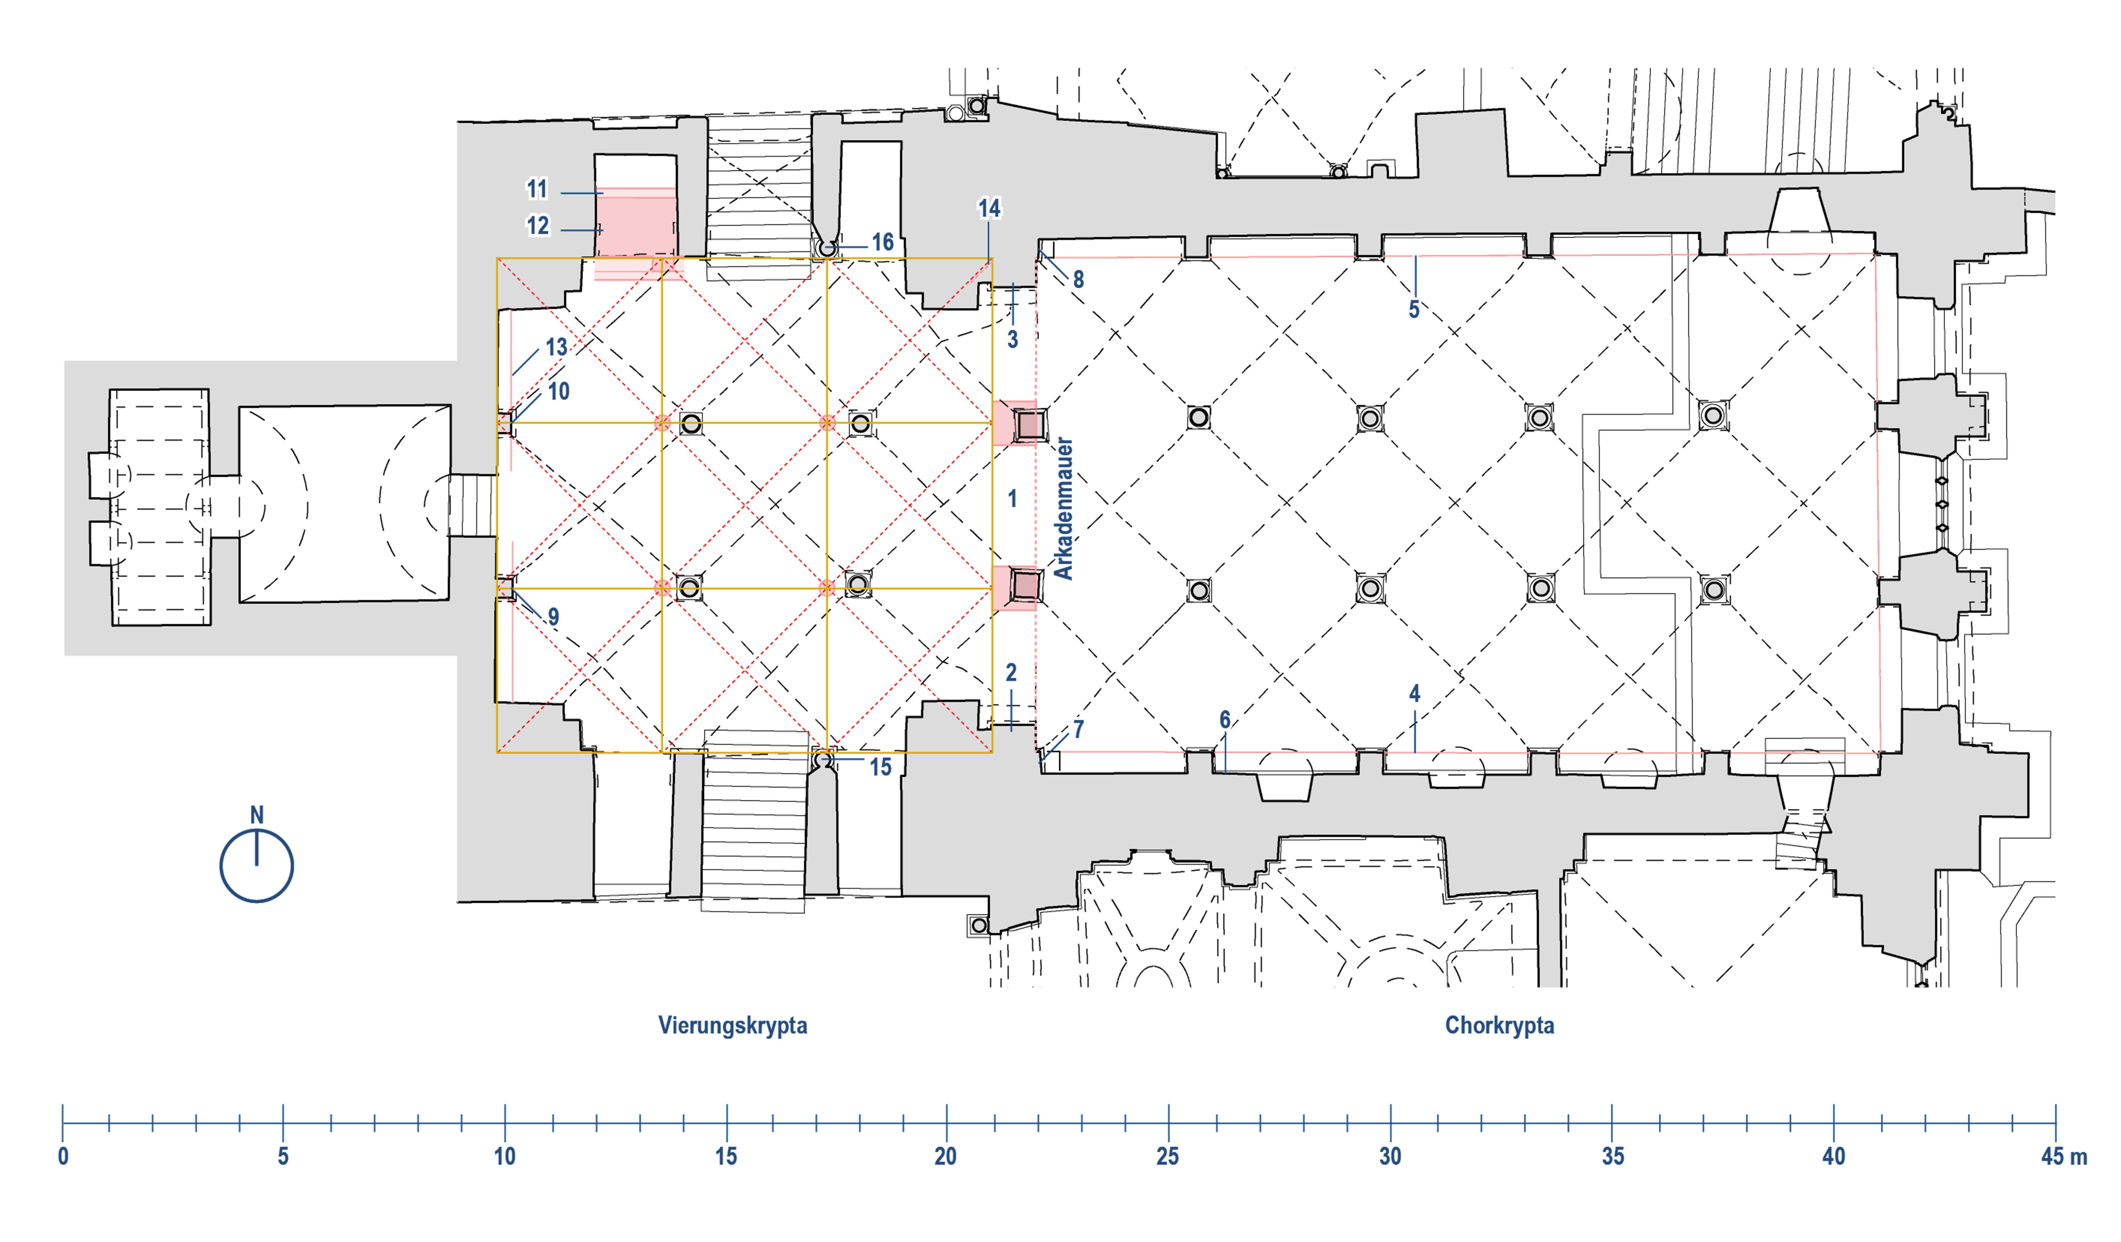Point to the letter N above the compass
tap(257, 814)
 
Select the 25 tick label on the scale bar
tap(1167, 1156)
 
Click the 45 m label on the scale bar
tap(2063, 1156)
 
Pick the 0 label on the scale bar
tap(63, 1156)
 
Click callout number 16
tap(882, 242)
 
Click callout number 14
tap(989, 208)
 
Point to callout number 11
tap(537, 189)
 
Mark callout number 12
tap(537, 225)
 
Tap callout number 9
tap(553, 617)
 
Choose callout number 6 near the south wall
tap(1225, 720)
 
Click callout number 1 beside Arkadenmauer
tap(1012, 499)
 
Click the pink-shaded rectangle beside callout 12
tap(636, 223)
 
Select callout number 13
tap(555, 346)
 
